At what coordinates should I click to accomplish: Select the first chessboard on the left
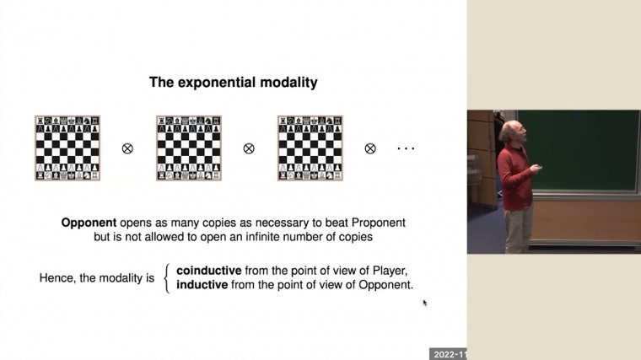point(67,148)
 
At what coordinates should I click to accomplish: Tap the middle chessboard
point(189,148)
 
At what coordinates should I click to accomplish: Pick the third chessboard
point(310,148)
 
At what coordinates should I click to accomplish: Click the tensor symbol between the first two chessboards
point(128,148)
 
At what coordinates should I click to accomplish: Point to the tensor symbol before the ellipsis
point(370,148)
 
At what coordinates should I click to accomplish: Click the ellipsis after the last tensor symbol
point(406,149)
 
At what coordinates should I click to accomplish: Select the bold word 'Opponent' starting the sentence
point(89,223)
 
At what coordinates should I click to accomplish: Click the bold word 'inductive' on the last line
point(202,285)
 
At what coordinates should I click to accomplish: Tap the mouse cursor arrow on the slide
point(425,302)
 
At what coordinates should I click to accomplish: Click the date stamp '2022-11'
point(449,354)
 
